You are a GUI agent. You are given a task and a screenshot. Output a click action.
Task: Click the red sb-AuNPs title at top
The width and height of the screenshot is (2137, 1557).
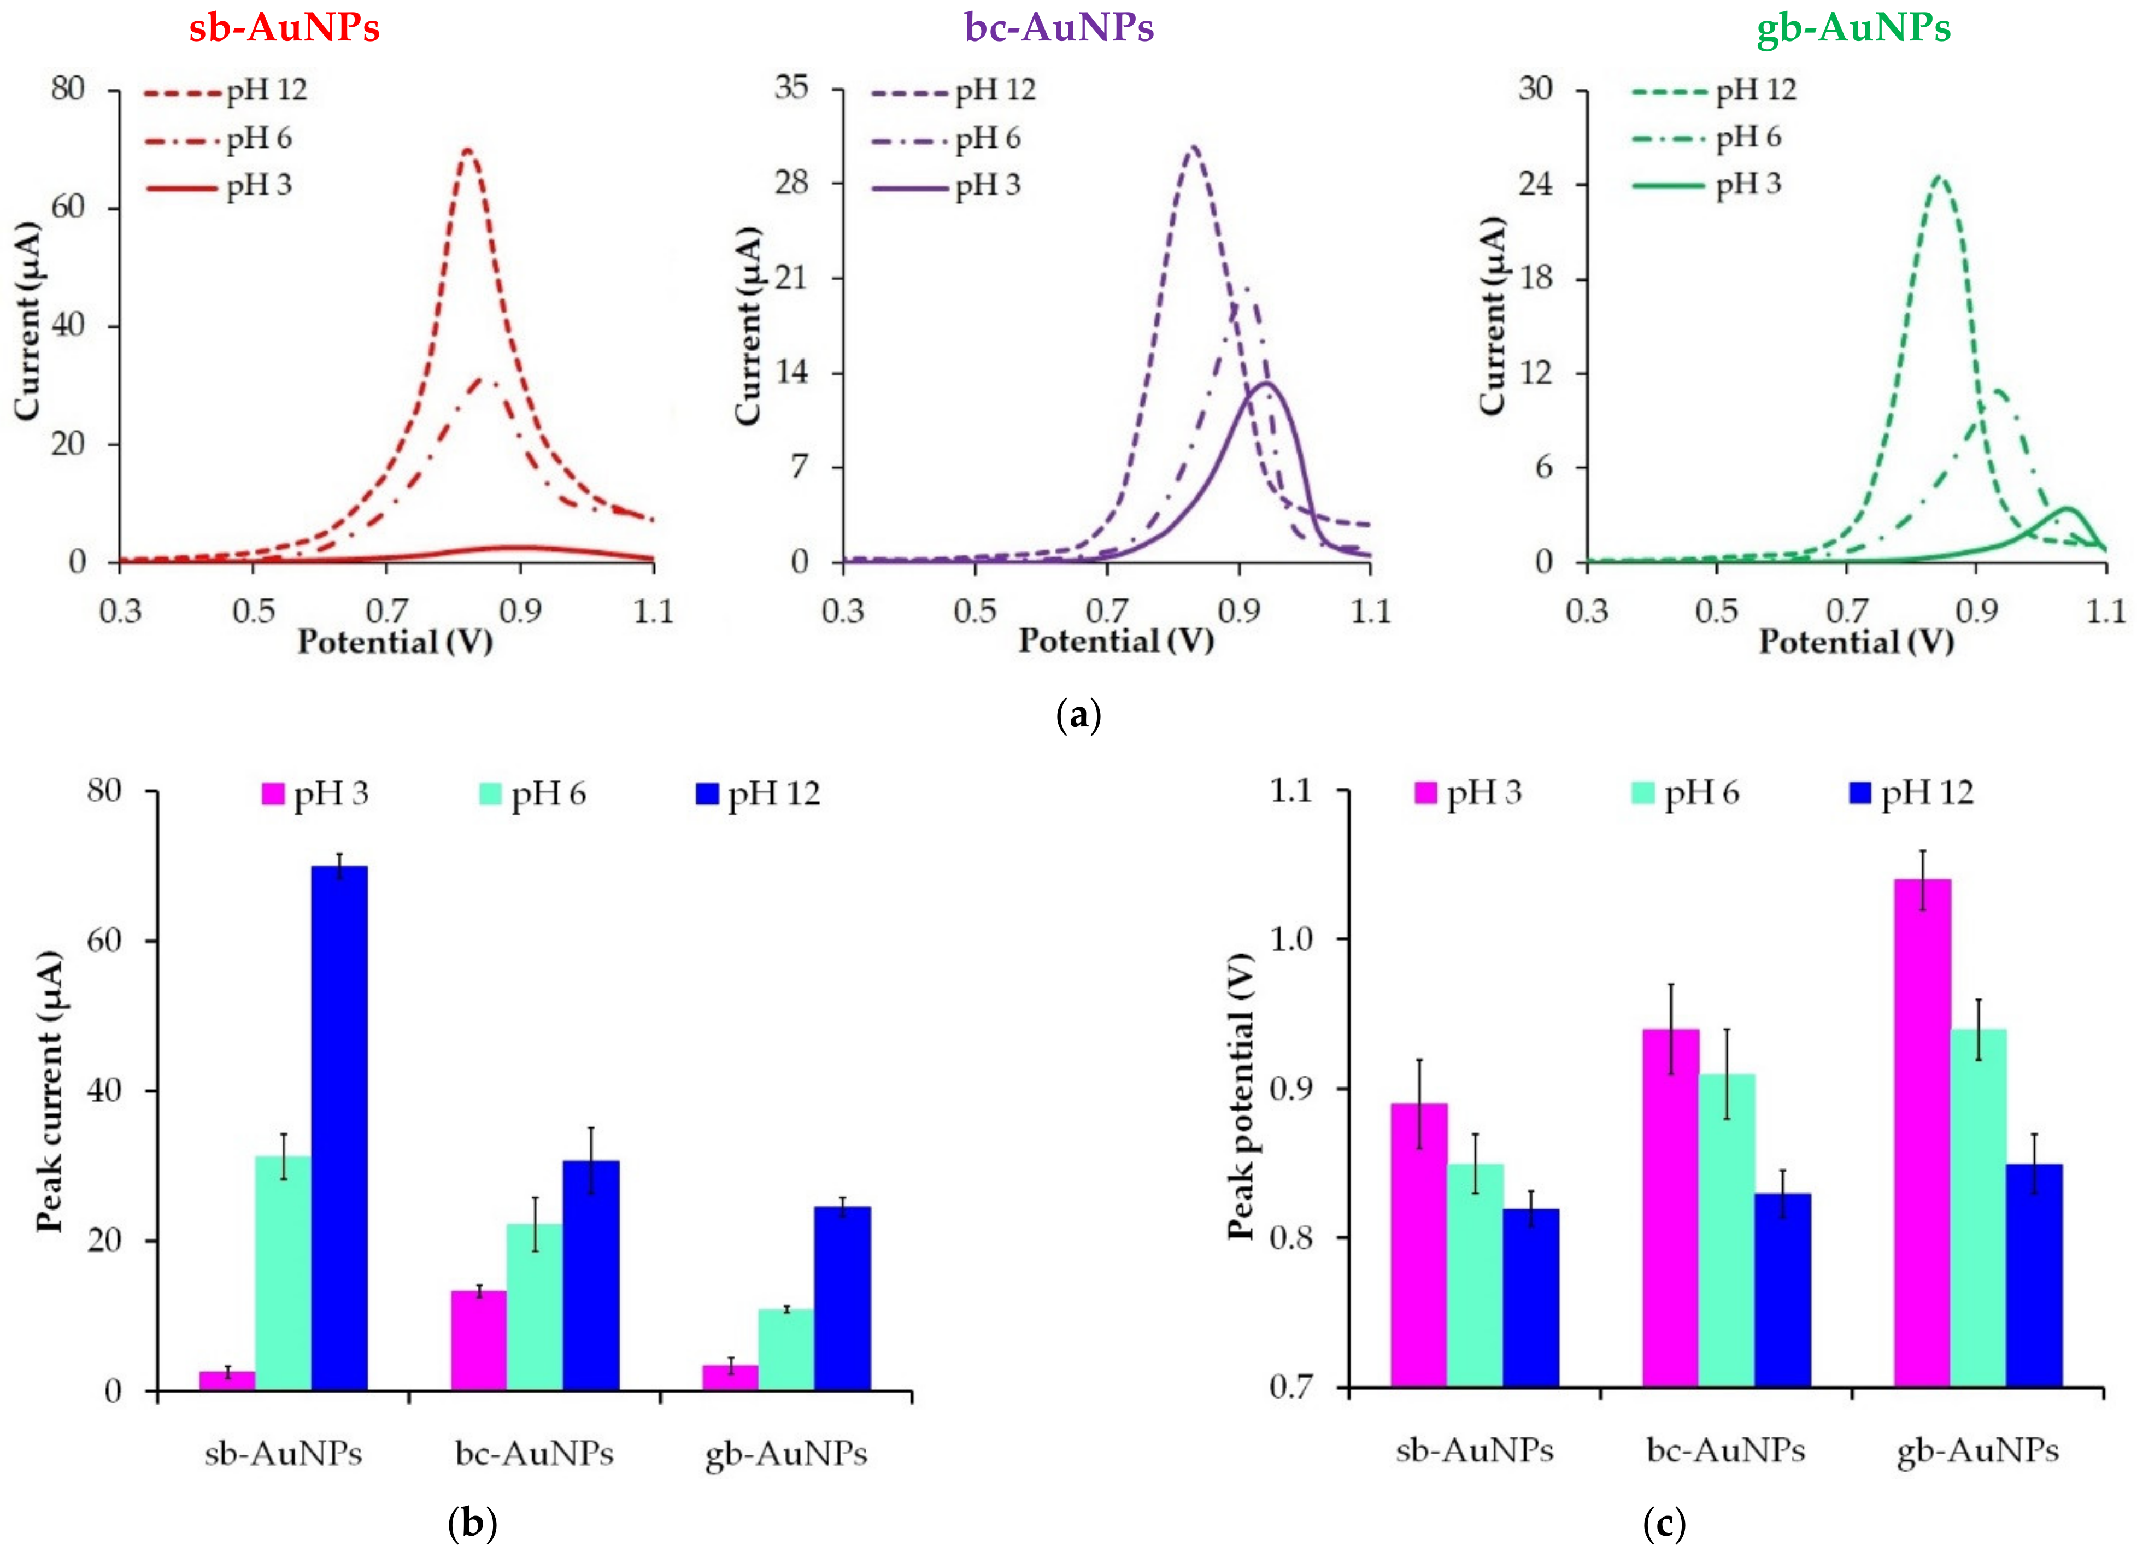pos(285,27)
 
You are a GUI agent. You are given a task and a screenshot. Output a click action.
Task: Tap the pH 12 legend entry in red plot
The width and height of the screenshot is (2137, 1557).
pos(226,91)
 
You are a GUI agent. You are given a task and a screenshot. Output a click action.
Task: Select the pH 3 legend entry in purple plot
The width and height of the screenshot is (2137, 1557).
pos(947,186)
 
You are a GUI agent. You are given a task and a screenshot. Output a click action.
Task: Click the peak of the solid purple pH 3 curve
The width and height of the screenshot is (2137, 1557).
pos(1266,383)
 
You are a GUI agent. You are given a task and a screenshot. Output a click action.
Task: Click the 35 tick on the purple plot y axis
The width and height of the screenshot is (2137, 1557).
pos(792,89)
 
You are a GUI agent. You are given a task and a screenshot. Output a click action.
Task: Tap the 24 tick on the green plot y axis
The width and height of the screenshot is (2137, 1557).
pos(1536,183)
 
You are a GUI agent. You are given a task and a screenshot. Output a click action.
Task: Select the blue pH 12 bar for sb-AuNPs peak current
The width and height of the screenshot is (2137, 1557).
pos(339,1127)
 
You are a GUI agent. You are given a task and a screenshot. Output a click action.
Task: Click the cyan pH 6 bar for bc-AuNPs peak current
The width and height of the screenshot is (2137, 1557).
pos(535,1306)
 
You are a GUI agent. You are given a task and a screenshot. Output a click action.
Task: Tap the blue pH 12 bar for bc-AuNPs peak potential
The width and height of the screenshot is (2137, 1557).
pos(1782,1289)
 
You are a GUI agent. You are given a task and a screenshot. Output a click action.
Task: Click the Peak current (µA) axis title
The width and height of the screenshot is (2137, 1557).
pos(49,1091)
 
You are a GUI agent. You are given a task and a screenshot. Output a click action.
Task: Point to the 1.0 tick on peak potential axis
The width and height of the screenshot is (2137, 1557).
pos(1291,939)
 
